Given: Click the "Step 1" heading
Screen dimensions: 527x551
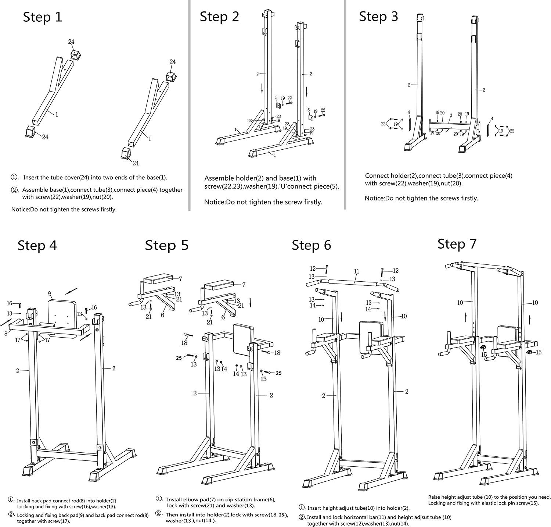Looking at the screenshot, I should tap(43, 17).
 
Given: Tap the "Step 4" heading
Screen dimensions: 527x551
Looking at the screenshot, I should tap(37, 246).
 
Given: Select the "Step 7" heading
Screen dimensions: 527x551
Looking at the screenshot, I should tap(457, 244).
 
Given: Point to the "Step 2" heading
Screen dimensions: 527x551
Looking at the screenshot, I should tap(219, 17).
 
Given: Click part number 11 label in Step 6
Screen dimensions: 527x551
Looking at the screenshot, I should tap(356, 271).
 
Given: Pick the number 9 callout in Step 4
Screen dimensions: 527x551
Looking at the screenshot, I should tap(50, 293).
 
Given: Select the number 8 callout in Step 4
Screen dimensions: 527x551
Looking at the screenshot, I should tap(6, 333).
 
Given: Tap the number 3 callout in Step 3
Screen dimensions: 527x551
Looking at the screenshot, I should tap(451, 115).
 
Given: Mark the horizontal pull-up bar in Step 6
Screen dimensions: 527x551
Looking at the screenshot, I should tap(353, 282).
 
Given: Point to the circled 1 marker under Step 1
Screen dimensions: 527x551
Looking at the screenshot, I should tap(15, 178).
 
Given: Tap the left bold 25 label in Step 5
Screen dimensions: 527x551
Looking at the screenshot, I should tap(179, 358).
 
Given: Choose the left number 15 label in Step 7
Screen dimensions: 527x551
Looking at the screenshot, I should tap(484, 355).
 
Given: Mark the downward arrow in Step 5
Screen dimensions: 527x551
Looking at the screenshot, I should tap(250, 303).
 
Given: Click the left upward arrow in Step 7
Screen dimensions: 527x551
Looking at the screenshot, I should tap(466, 317).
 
